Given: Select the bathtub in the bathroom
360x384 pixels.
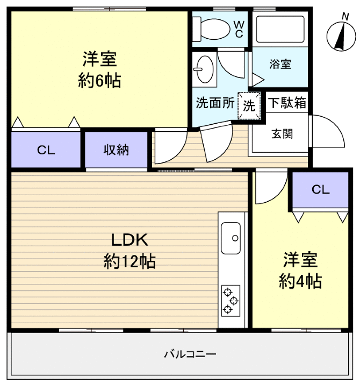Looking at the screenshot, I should [279, 29].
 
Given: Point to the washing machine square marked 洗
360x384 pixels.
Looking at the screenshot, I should [249, 104].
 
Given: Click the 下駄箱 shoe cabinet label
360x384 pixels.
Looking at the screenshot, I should [287, 102].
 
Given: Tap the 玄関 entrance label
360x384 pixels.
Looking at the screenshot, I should [282, 134].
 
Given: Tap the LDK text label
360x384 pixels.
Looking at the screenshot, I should [129, 239].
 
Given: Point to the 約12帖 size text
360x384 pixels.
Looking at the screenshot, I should [129, 262].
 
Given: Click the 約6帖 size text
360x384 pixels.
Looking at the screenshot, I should [99, 81].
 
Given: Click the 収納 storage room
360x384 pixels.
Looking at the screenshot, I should [117, 150].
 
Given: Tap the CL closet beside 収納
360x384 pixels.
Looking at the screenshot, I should [46, 150].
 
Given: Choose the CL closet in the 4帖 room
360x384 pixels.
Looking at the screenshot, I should [320, 189].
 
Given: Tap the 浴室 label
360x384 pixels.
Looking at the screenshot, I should [280, 64].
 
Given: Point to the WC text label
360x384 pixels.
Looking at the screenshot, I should [239, 29].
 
